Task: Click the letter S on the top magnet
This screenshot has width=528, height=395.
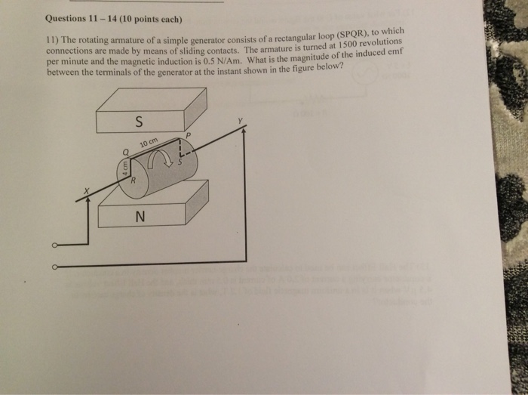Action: click(137, 121)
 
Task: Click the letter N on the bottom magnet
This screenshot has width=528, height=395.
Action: click(138, 217)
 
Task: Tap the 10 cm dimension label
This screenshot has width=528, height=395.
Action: click(149, 143)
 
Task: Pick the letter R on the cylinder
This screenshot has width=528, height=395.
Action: click(134, 181)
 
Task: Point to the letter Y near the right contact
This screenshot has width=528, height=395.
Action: click(241, 121)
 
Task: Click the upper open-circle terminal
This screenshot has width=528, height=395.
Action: click(54, 245)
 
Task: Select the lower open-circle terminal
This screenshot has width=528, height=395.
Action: click(54, 266)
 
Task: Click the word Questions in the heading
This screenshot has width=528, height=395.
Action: click(66, 18)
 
